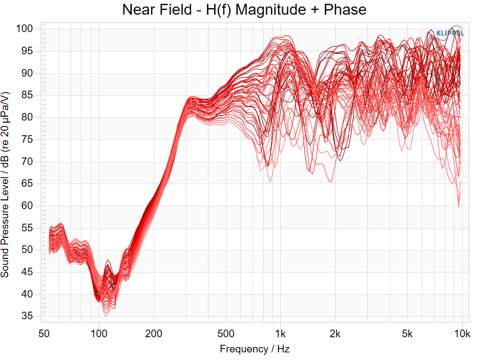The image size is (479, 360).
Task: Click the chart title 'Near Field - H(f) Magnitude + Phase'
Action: pos(244,9)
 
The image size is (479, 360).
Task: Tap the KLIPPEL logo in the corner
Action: pos(450,33)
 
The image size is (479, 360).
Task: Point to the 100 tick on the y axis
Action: pos(24,29)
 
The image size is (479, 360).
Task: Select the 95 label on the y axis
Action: pos(27,50)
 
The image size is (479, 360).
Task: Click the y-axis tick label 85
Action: pos(27,95)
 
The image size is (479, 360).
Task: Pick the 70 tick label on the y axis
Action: pos(27,161)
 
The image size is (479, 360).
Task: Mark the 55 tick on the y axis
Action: pos(27,228)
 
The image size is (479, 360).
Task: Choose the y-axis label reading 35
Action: pos(27,316)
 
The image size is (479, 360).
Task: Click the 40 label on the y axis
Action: pos(27,294)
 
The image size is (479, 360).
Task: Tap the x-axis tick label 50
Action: pos(44,334)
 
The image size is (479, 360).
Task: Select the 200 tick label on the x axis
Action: pos(154,334)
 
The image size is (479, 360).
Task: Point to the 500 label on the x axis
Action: pos(226,334)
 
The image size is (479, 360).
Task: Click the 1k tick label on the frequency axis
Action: pos(280,334)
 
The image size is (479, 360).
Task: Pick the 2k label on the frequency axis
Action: pos(335,334)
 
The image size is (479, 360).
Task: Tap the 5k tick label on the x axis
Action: pos(407,334)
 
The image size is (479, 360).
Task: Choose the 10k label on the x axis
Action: pos(462,334)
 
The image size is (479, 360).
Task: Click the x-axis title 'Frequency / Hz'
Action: pos(255,349)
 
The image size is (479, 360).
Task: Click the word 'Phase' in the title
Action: pos(345,9)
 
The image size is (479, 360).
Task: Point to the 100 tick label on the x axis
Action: pos(99,334)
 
